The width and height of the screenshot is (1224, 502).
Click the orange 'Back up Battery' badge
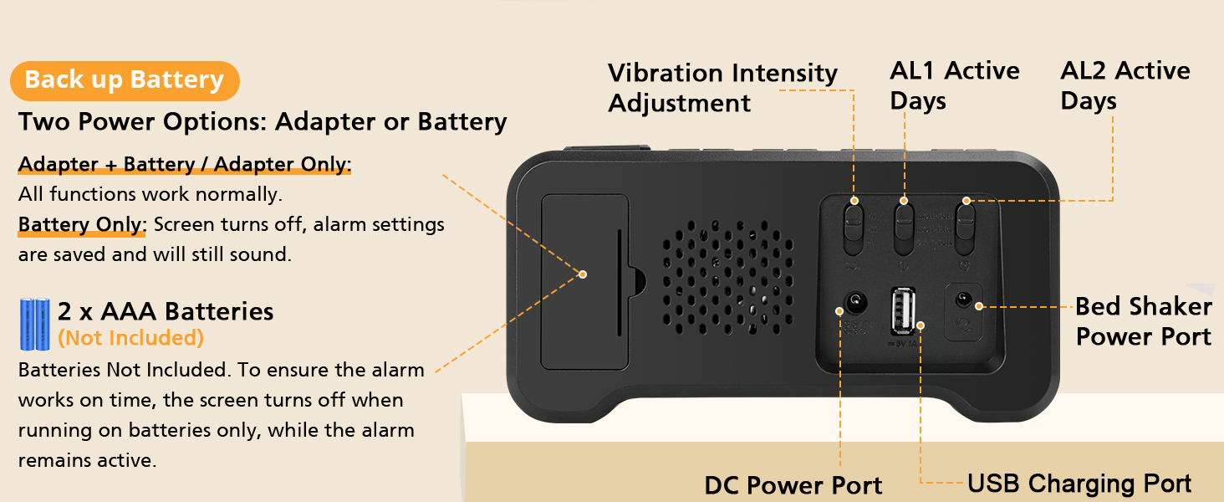(x=125, y=80)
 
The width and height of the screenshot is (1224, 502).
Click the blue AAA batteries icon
(x=36, y=325)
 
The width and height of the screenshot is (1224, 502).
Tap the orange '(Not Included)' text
(x=130, y=338)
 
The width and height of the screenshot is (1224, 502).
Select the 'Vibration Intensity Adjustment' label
(x=722, y=88)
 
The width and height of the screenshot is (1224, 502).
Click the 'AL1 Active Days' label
(x=954, y=85)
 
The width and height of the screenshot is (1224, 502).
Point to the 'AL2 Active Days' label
(x=1125, y=85)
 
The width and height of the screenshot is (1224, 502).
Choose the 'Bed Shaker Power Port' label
(x=1143, y=321)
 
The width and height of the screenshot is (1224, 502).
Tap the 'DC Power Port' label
(x=793, y=485)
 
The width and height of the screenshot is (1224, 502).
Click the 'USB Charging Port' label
(x=1079, y=484)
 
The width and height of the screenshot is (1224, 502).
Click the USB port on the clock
(x=902, y=311)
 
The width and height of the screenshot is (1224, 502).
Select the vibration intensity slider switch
(x=853, y=228)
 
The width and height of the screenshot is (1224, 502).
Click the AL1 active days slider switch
(x=905, y=228)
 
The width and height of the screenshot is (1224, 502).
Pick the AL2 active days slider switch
(x=965, y=228)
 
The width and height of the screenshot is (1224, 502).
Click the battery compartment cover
(x=584, y=281)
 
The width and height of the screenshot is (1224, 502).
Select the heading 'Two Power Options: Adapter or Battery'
(x=263, y=121)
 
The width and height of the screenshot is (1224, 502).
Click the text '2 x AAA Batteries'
(x=165, y=311)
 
